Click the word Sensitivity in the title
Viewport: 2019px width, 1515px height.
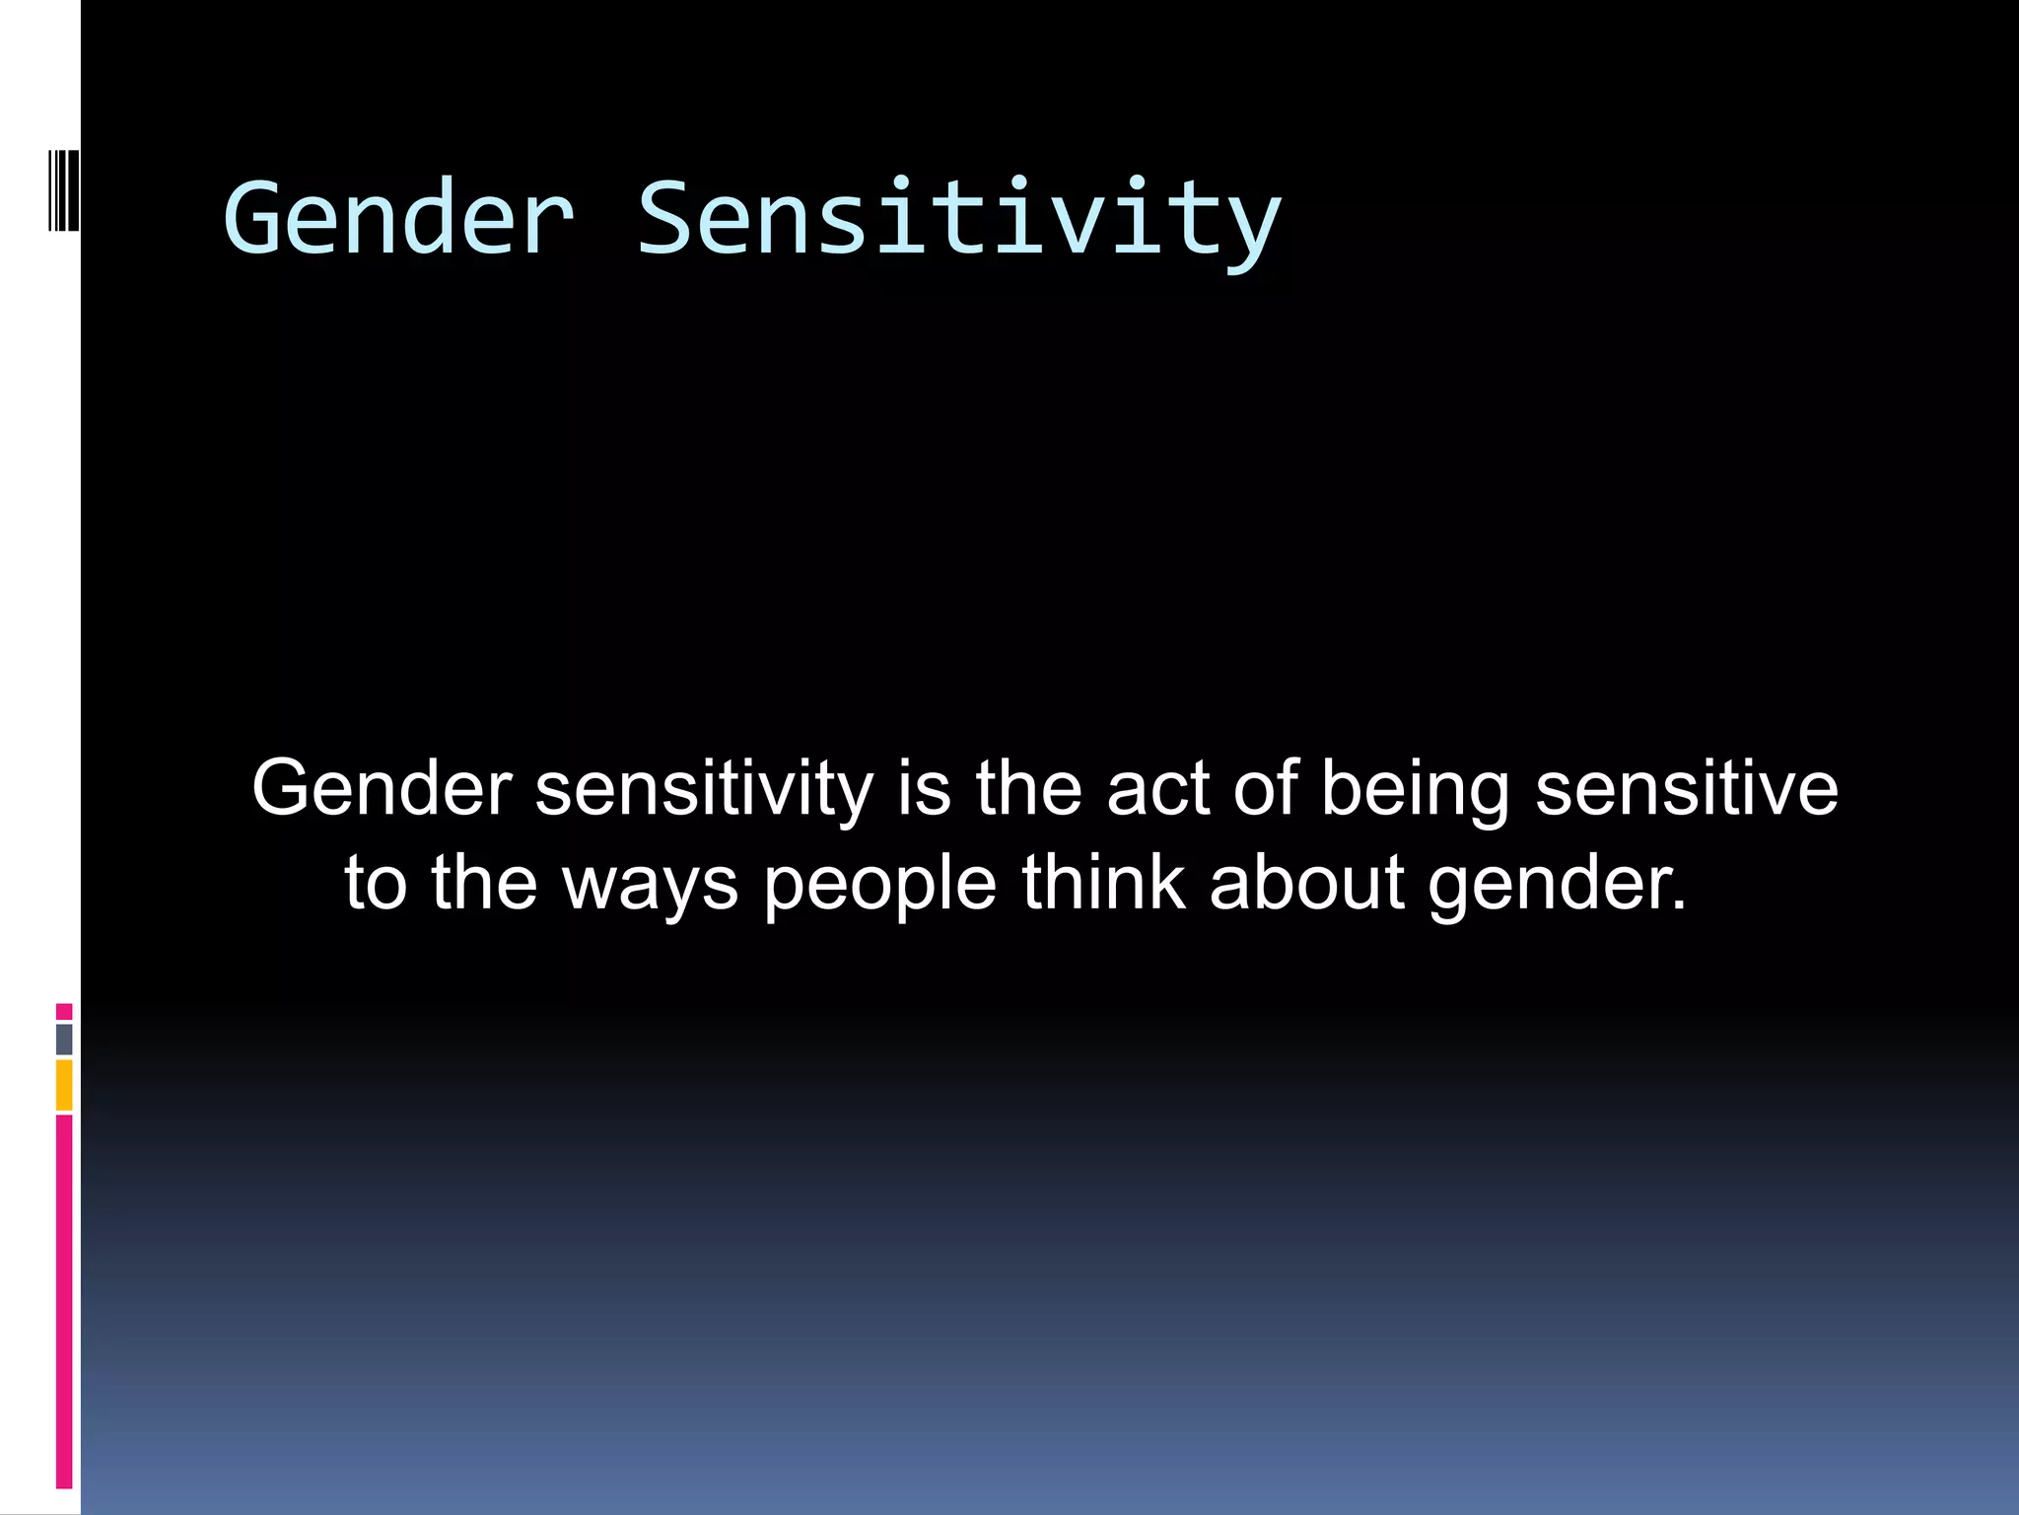tap(958, 219)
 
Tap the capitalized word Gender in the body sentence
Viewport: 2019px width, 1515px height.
tap(382, 789)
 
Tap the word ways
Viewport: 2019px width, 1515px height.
tap(650, 884)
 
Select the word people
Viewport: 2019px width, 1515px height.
tap(879, 884)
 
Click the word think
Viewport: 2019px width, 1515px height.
tap(1102, 882)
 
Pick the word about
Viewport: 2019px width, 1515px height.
tap(1305, 882)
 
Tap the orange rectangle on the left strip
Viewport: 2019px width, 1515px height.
tap(64, 1085)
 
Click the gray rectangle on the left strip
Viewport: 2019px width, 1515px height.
tap(64, 1039)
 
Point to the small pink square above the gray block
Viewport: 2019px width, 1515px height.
tap(64, 1011)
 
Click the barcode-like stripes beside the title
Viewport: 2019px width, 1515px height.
tap(63, 189)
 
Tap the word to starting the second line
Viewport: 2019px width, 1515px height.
tap(375, 884)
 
